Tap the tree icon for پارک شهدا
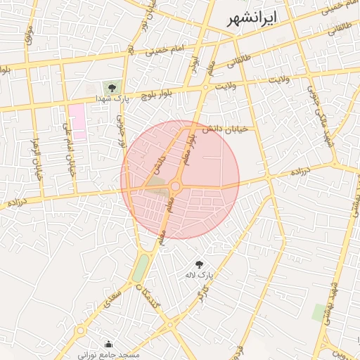tap(110, 87)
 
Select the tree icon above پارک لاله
tap(199, 264)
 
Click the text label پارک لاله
tap(198, 275)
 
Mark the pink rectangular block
tap(76, 120)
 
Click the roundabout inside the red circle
tap(176, 186)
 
